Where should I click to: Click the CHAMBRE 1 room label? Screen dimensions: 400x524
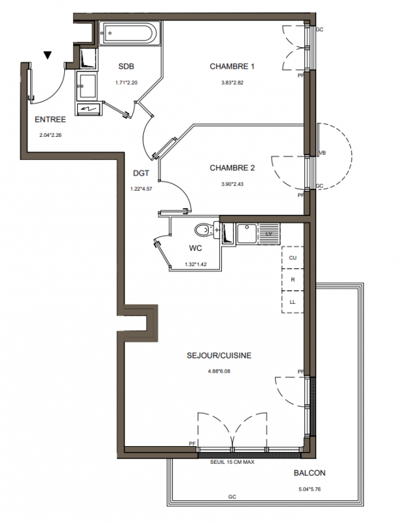(x=232, y=67)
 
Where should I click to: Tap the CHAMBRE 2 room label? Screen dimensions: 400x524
(x=232, y=168)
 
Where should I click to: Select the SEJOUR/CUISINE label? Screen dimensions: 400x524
(x=219, y=356)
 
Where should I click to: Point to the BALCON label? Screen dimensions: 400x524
(x=310, y=473)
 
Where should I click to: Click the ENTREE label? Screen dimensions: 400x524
(x=50, y=120)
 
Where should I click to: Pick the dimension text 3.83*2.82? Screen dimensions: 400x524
(x=232, y=83)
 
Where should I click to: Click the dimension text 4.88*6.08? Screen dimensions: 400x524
(x=219, y=371)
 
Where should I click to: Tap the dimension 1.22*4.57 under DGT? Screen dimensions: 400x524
(x=141, y=189)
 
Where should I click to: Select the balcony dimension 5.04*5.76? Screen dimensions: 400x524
(x=310, y=489)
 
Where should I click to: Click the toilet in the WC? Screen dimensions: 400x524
(x=204, y=230)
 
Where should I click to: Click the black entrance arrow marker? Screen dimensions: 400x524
(x=48, y=55)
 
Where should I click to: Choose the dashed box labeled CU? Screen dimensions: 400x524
(x=293, y=257)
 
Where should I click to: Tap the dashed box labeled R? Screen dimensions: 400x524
(x=293, y=280)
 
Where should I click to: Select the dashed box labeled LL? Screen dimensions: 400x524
(x=293, y=302)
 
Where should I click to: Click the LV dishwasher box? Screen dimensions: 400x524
(x=269, y=234)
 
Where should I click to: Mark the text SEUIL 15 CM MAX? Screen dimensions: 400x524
(x=232, y=462)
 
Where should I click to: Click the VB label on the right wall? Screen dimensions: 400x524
(x=323, y=153)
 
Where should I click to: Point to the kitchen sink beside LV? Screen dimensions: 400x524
(x=247, y=233)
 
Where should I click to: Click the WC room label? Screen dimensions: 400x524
(x=196, y=248)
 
